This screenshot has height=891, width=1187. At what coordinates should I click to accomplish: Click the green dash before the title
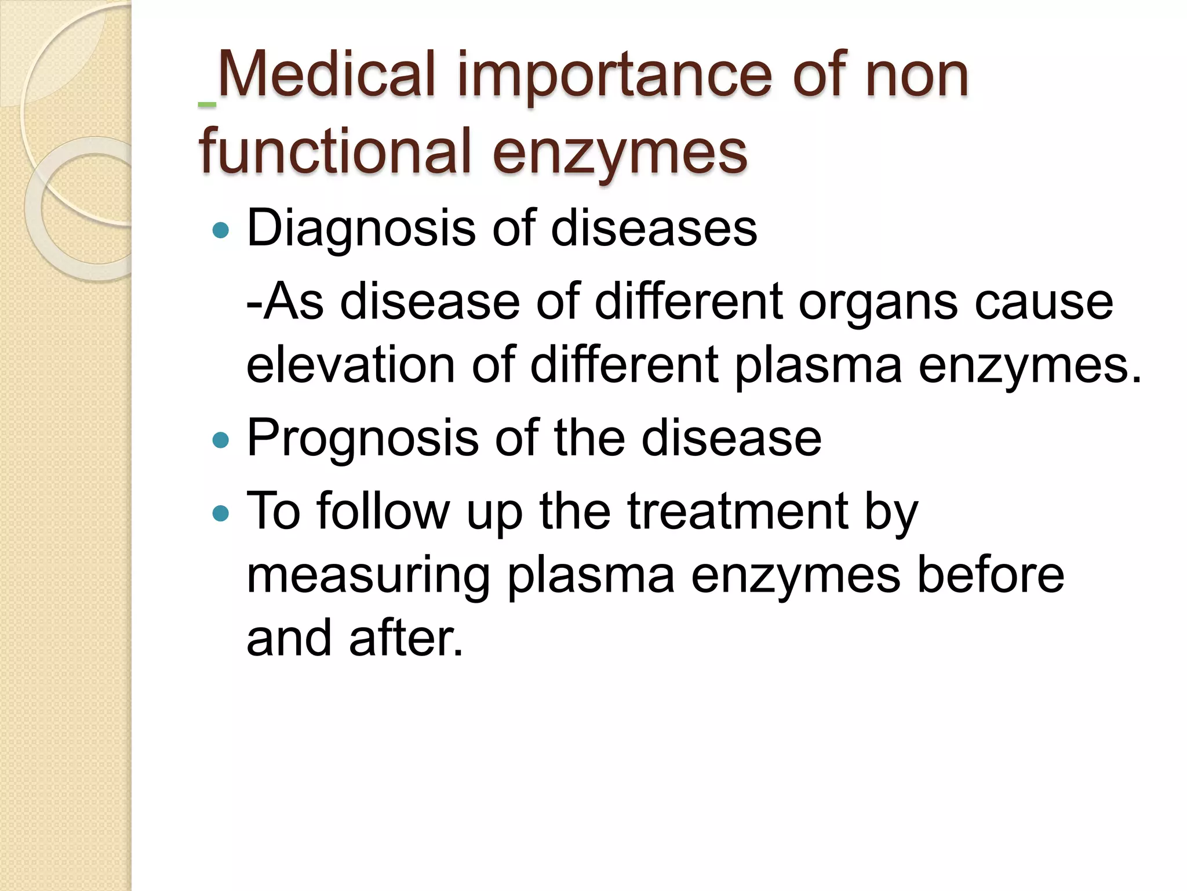(207, 105)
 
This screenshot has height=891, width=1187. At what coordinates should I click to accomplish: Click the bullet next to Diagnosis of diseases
(221, 231)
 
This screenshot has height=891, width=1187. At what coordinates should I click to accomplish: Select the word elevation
(351, 365)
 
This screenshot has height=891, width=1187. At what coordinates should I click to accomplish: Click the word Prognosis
(363, 438)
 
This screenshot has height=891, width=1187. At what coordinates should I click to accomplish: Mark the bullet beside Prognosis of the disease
(221, 441)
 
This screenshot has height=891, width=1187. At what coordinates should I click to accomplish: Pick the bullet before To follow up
(221, 513)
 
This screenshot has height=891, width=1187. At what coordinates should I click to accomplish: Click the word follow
(383, 510)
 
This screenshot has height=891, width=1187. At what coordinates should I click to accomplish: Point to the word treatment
(738, 510)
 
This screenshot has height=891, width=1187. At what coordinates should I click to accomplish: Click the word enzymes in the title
(620, 152)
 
